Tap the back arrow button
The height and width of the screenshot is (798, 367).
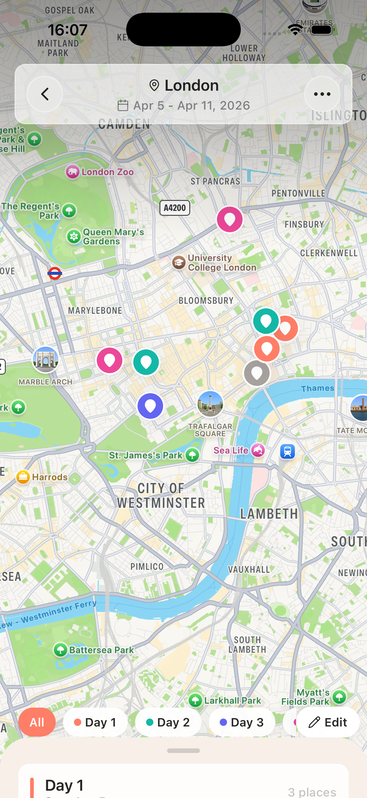[x=45, y=94]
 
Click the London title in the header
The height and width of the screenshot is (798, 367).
[x=191, y=85]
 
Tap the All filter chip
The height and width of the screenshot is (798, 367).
[x=37, y=722]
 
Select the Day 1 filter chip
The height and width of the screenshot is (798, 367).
[x=95, y=722]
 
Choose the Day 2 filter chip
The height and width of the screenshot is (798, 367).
[x=168, y=722]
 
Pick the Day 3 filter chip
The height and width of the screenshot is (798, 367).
[x=242, y=722]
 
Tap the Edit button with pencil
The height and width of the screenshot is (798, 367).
[x=328, y=722]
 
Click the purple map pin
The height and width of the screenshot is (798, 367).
[x=150, y=406]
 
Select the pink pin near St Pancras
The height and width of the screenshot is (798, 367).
[x=229, y=219]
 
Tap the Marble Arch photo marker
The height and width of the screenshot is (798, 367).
[x=46, y=359]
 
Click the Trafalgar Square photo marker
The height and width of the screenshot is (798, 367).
[x=210, y=404]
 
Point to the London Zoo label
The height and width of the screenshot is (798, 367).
[x=107, y=172]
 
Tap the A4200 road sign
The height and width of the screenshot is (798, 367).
[x=175, y=208]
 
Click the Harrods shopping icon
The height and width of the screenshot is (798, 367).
[x=23, y=477]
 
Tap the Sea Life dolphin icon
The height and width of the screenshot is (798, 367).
[x=258, y=450]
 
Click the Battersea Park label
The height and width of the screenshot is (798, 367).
[x=101, y=649]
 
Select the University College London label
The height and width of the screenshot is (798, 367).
[x=222, y=262]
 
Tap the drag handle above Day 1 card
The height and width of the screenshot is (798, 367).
[x=183, y=750]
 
